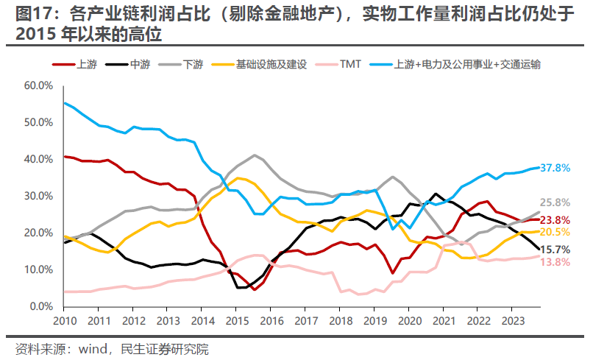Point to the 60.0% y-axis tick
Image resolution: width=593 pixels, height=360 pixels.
pyautogui.click(x=38, y=85)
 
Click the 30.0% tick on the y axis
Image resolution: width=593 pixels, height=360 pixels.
pyautogui.click(x=38, y=196)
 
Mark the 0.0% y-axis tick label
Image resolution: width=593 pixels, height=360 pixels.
pyautogui.click(x=41, y=306)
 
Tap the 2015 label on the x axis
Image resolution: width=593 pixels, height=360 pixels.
pyautogui.click(x=235, y=322)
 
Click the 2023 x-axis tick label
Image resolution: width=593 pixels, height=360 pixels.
pyautogui.click(x=510, y=322)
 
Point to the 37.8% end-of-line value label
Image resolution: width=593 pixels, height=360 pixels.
pyautogui.click(x=555, y=168)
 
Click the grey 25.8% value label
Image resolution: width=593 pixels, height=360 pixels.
pyautogui.click(x=555, y=202)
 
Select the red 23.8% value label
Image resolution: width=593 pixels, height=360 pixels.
pyautogui.click(x=555, y=219)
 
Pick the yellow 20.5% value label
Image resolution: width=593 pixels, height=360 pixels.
pyautogui.click(x=555, y=232)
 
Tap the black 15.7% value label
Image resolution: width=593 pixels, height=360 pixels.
pyautogui.click(x=555, y=250)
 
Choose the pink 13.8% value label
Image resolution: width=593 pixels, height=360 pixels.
pyautogui.click(x=555, y=262)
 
